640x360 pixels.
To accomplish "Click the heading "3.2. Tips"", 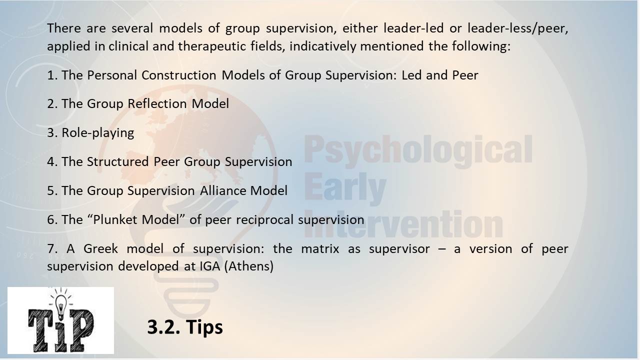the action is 185,327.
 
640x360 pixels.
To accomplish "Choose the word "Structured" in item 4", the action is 117,161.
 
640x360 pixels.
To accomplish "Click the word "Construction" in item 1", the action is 179,75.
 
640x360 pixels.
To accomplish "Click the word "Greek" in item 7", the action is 100,248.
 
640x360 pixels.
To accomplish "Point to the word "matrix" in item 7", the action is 320,248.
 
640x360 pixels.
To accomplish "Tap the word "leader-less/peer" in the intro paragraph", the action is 517,28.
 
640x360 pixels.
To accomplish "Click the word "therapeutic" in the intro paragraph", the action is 212,46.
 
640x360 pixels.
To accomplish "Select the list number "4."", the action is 52,161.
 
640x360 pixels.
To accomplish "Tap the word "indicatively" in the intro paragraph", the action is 323,46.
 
